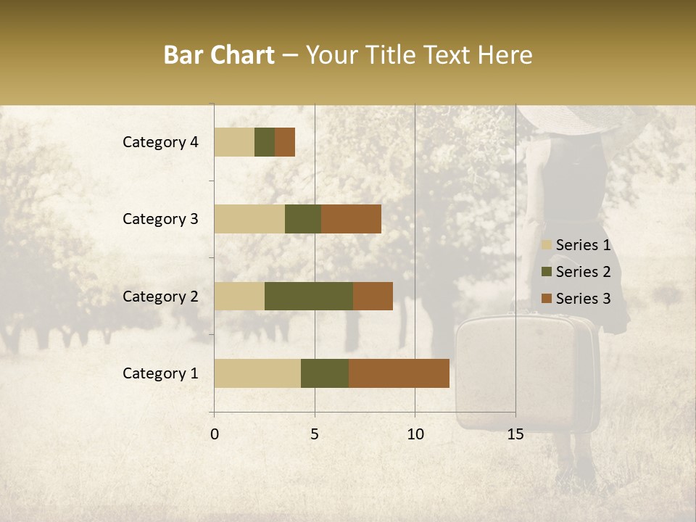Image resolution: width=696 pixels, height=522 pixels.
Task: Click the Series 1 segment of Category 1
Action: point(257,373)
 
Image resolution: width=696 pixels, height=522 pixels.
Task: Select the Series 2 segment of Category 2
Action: point(309,296)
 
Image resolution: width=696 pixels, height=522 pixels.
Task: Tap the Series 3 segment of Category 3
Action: point(351,219)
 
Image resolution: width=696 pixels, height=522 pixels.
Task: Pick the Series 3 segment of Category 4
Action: point(285,142)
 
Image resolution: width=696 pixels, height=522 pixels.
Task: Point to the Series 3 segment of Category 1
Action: point(399,373)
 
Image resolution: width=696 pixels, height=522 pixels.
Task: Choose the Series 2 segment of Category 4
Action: point(265,142)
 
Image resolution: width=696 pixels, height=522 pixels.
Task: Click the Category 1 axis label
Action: point(160,373)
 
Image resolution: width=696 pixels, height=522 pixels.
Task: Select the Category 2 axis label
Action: point(160,296)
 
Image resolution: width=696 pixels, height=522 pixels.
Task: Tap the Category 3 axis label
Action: point(160,219)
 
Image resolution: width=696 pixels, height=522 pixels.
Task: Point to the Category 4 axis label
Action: point(160,142)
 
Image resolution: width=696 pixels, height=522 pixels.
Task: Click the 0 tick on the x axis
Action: point(215,434)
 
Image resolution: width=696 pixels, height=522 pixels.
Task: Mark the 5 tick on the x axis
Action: point(315,434)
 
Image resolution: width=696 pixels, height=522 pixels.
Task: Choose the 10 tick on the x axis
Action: point(415,434)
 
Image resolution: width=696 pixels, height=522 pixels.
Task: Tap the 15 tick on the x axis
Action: point(515,434)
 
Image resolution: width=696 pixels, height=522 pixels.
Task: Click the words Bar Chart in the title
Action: point(219,55)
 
